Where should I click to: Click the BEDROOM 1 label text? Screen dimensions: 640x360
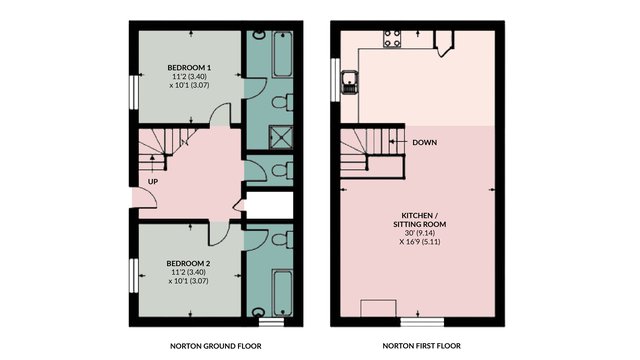[189, 67]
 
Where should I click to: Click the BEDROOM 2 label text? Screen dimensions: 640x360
[189, 263]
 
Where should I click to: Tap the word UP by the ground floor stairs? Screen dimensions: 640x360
[153, 182]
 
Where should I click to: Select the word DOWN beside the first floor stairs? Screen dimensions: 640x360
[424, 142]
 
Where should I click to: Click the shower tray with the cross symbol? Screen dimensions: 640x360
[281, 138]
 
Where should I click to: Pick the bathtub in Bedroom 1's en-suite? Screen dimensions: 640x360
[282, 54]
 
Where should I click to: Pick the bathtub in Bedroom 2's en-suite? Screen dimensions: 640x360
[282, 292]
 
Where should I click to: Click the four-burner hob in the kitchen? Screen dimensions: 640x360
[392, 39]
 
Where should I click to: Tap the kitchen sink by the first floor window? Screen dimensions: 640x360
[350, 82]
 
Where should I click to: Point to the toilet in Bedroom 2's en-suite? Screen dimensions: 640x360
[282, 240]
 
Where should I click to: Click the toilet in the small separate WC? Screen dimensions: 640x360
[282, 170]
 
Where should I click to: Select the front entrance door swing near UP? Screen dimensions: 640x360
[145, 199]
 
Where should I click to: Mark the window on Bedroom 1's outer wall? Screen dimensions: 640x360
[134, 92]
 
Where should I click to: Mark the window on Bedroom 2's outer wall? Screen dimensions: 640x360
[134, 276]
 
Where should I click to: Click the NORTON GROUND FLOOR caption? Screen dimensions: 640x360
[216, 346]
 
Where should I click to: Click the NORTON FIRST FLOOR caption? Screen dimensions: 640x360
[422, 346]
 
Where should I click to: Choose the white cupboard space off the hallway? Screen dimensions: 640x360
[270, 205]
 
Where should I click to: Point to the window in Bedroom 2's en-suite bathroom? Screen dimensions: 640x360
[271, 322]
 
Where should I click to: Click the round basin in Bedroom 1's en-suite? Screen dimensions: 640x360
[258, 35]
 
